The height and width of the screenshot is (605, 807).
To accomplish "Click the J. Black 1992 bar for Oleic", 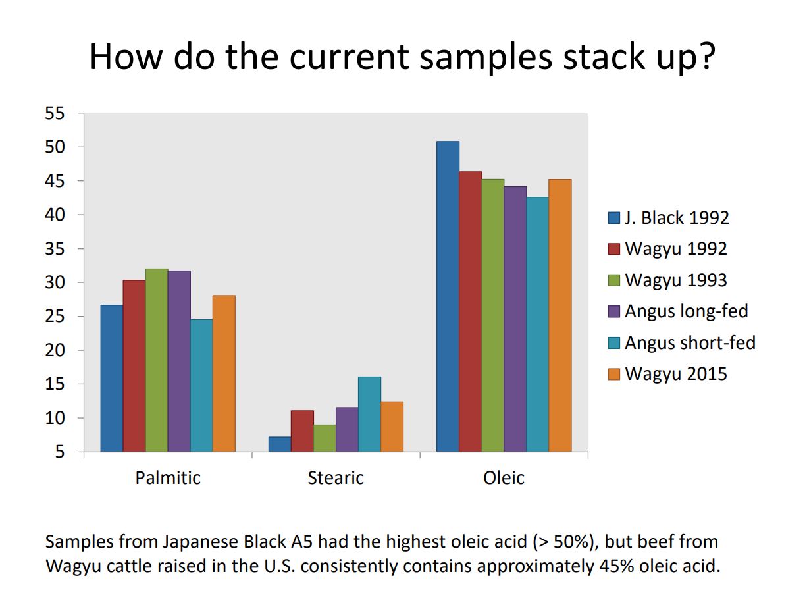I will (x=448, y=296).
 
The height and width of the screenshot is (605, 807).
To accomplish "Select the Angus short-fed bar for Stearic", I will (x=369, y=414).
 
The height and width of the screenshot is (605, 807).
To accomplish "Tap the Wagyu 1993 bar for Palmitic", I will (x=157, y=360).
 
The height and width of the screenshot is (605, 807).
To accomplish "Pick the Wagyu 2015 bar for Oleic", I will (x=560, y=315).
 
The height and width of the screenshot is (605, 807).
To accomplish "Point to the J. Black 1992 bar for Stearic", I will (x=280, y=444).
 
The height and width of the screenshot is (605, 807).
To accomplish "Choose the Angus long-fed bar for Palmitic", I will (x=179, y=361).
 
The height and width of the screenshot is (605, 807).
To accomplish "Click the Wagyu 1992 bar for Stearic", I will (x=302, y=431).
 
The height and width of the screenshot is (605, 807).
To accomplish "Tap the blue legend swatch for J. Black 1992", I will (x=614, y=218).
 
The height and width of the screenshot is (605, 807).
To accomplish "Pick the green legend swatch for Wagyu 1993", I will (x=614, y=280).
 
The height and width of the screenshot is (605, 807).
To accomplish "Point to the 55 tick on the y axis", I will (x=55, y=113).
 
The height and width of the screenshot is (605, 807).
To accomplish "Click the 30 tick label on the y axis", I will (x=55, y=282).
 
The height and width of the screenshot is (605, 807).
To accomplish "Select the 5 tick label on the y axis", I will (x=60, y=452).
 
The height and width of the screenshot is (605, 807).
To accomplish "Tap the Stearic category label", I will (x=336, y=477).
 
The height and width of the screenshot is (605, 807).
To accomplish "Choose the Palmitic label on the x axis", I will (x=168, y=477).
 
